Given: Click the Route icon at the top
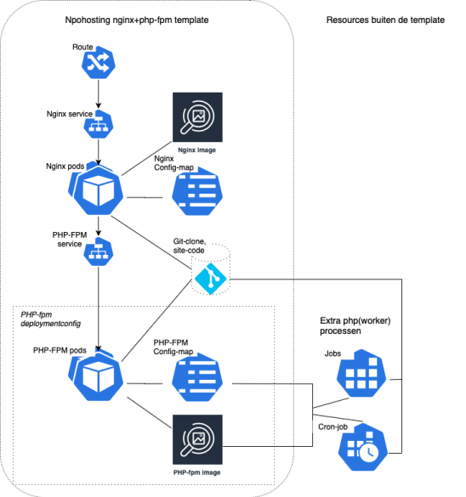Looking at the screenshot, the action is click(x=99, y=62).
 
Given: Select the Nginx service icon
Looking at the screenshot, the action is click(x=99, y=124).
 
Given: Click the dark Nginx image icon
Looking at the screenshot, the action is click(x=197, y=117).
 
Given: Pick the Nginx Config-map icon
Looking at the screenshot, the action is click(x=197, y=191).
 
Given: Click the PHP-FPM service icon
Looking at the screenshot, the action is click(x=99, y=251).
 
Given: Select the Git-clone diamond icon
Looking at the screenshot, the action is click(x=211, y=279).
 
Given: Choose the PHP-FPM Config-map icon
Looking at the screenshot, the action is click(x=197, y=377).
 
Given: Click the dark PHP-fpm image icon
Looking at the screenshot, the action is click(x=197, y=439).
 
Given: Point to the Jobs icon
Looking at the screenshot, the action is click(x=361, y=373).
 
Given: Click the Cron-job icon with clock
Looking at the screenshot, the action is click(x=363, y=447).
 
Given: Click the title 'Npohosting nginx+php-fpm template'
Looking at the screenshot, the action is click(x=137, y=20).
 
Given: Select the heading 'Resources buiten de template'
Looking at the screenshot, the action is click(x=385, y=20).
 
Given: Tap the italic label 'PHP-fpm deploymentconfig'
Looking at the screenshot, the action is click(x=51, y=319).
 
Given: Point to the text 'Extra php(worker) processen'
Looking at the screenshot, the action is click(x=355, y=325).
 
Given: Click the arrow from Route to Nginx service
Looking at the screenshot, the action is click(x=99, y=93).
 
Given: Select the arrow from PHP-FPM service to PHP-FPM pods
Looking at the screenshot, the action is click(x=99, y=309).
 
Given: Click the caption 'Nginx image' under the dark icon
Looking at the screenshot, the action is click(x=197, y=150).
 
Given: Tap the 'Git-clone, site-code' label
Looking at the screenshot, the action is click(x=190, y=246).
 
